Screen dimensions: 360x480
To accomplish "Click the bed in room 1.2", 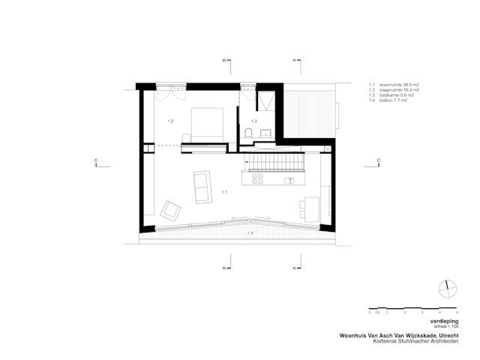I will [x=208, y=124].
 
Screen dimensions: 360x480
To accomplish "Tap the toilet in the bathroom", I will [x=248, y=133].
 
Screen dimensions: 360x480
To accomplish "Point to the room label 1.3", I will [x=253, y=121].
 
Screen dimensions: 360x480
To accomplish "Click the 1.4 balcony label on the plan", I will [x=250, y=234].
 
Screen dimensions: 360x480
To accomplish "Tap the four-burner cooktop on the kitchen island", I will [x=257, y=179].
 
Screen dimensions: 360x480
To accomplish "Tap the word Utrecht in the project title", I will [x=442, y=336].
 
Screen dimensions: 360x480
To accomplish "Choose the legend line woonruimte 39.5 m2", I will [x=392, y=85].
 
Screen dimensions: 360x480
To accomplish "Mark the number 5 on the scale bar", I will [x=457, y=311].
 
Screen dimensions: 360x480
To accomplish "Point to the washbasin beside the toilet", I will [x=264, y=133].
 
